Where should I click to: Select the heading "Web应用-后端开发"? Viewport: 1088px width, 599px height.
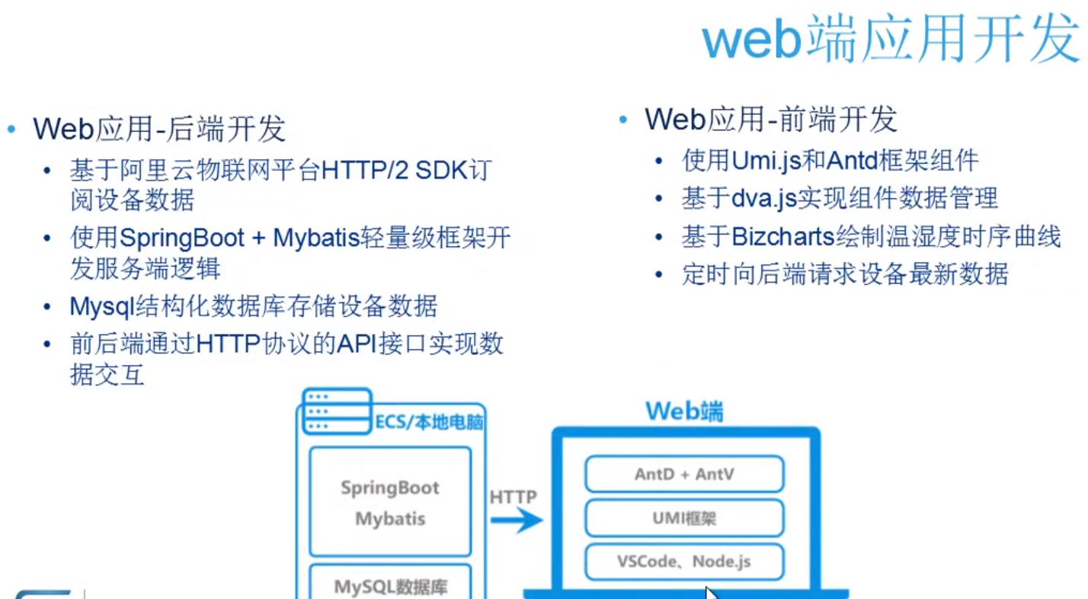coord(159,129)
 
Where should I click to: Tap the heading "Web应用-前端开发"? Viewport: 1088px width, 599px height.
coord(771,120)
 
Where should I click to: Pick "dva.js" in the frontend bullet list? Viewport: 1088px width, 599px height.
coord(764,199)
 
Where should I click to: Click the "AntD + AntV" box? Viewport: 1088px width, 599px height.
coord(684,474)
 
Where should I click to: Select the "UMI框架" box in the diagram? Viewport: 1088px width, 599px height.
coord(684,519)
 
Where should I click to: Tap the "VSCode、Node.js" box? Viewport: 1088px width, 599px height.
coord(684,562)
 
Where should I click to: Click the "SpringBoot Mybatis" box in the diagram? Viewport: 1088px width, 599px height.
coord(390,503)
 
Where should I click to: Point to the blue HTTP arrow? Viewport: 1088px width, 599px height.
coord(515,522)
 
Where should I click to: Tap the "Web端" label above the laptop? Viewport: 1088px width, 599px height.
coord(684,412)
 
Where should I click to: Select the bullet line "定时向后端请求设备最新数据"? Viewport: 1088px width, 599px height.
coord(845,274)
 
